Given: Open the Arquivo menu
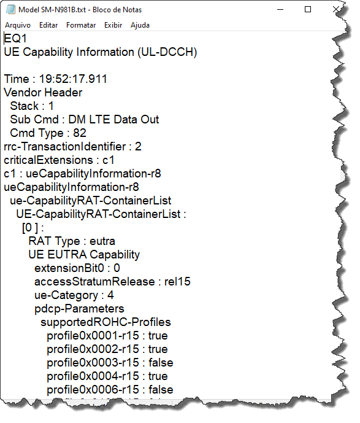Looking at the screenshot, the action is [x=18, y=25].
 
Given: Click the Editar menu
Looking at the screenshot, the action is [x=48, y=25].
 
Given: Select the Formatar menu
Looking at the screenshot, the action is [x=81, y=25].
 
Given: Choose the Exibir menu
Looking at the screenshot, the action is [x=113, y=25].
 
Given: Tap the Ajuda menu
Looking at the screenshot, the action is [x=140, y=25].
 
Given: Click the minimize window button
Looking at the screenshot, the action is [x=280, y=9].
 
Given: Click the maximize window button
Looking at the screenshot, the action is [x=308, y=9].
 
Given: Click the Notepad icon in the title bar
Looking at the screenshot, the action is [x=10, y=9].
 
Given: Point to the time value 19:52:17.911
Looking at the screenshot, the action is [x=73, y=79].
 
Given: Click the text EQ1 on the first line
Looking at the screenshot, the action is [x=15, y=38].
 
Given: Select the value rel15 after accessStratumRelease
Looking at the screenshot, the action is [x=177, y=282].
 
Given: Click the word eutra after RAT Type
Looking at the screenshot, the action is [x=102, y=241].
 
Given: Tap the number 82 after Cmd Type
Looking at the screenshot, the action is [x=80, y=133].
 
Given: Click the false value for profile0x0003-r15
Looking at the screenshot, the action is [x=161, y=363].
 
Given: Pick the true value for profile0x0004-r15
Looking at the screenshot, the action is [x=158, y=376].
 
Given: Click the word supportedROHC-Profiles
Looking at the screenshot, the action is [x=105, y=322].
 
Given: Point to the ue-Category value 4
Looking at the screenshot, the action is [x=110, y=295].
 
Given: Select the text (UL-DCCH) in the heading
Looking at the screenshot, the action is [x=167, y=52].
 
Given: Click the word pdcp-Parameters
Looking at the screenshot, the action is [x=79, y=309].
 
